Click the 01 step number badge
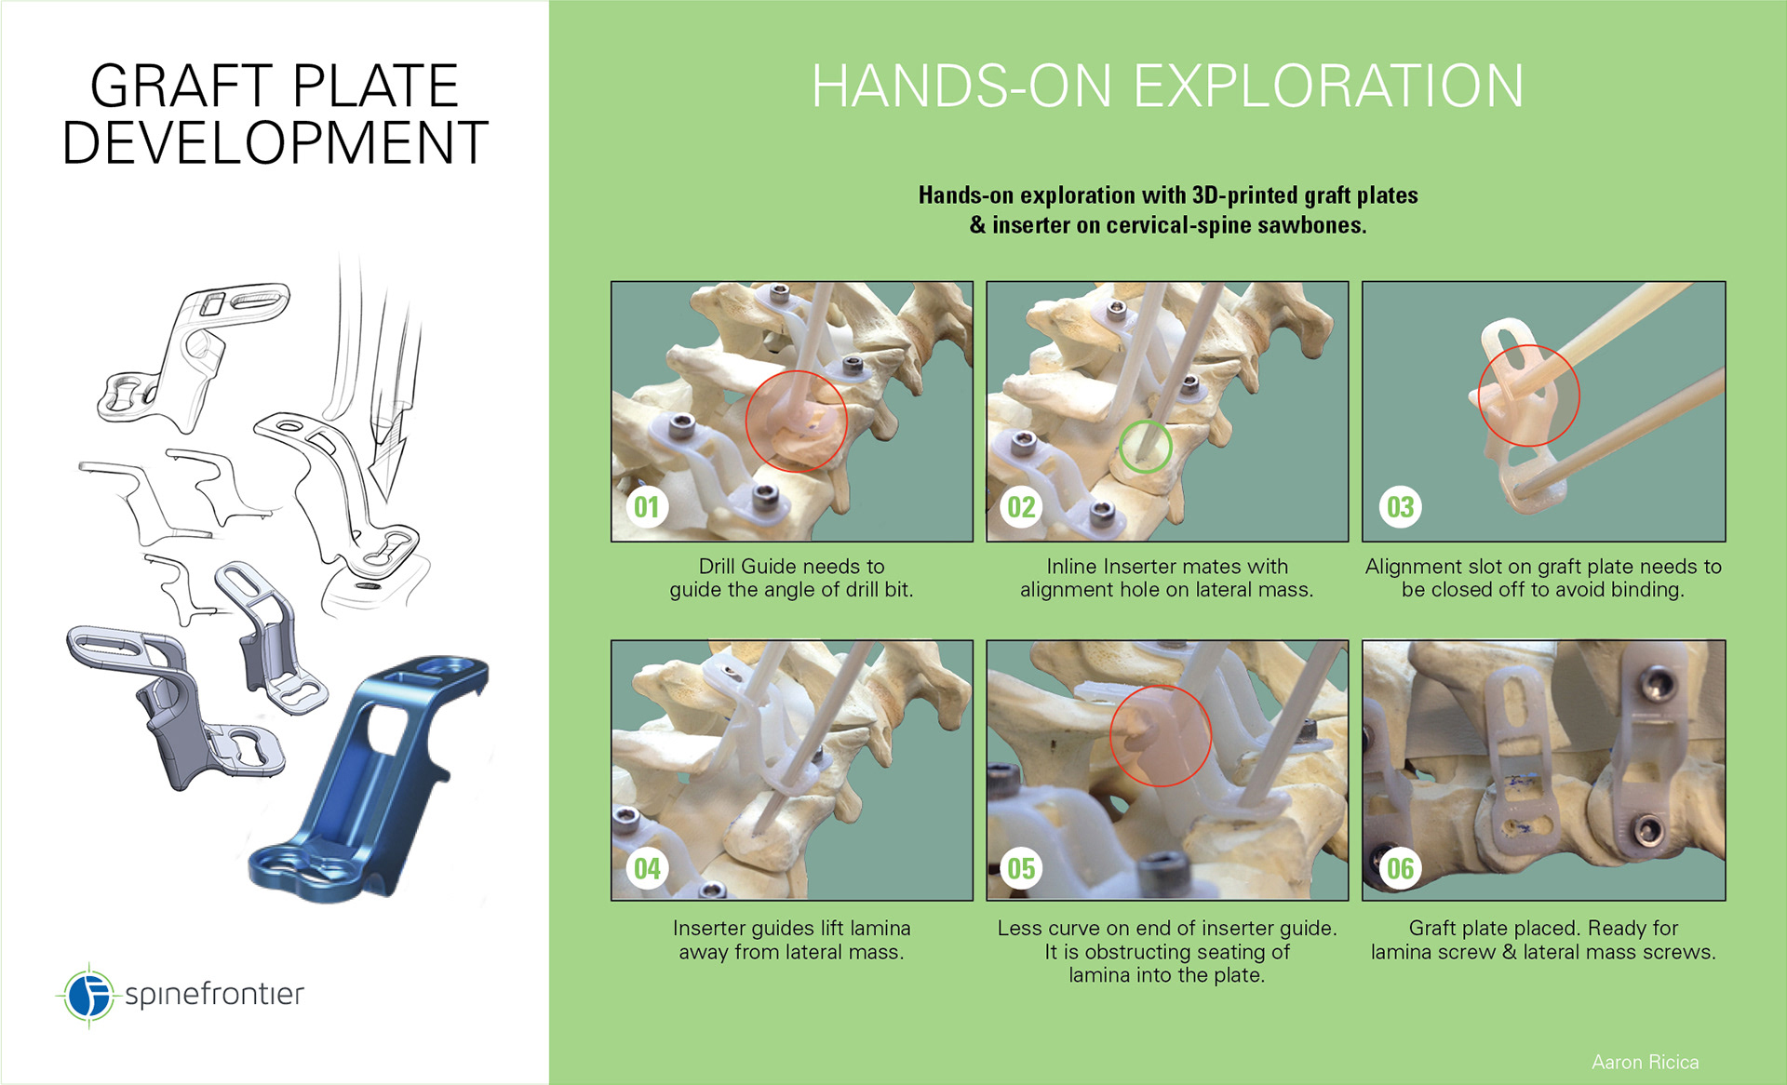point(647,507)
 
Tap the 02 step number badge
point(1022,507)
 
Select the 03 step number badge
point(1401,507)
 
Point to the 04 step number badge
point(647,868)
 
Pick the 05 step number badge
point(1022,868)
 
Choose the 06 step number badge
point(1401,868)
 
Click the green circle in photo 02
point(1120,447)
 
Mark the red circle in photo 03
point(1479,395)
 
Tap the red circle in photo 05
point(1110,735)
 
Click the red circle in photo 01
point(746,421)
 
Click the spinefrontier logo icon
point(88,995)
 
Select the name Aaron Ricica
point(1645,1062)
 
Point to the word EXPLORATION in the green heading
point(1329,86)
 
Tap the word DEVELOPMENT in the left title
point(275,142)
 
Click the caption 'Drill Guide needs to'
point(791,566)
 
